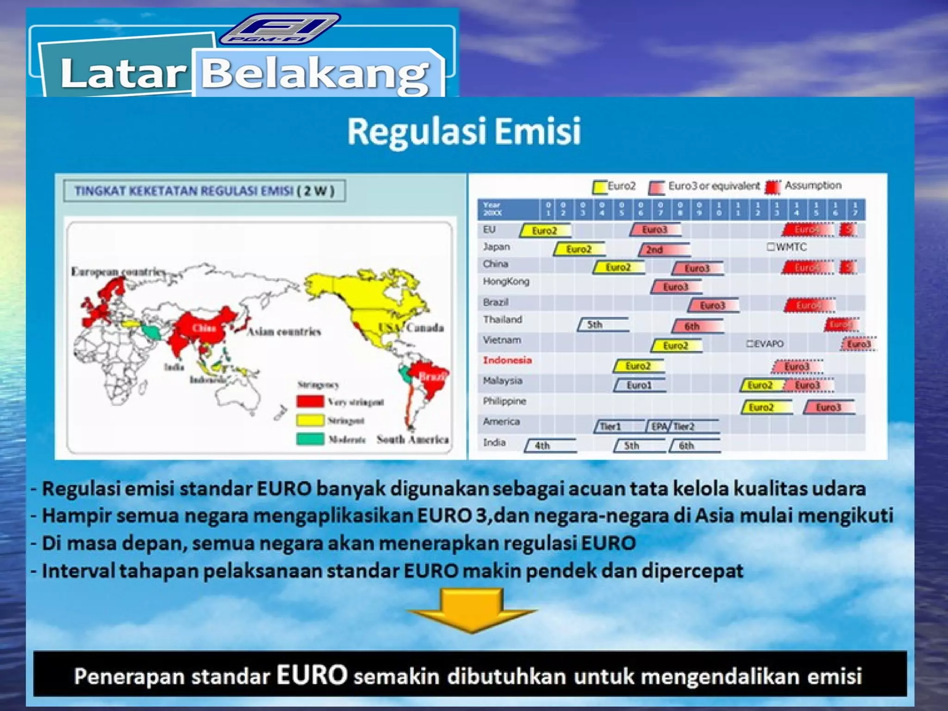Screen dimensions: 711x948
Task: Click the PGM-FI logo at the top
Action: (x=280, y=29)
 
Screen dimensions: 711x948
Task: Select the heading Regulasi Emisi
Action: (x=464, y=131)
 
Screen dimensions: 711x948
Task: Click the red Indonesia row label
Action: (x=507, y=360)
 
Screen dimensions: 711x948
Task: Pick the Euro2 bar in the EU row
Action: (x=545, y=230)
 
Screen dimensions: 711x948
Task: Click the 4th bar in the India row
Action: (x=550, y=446)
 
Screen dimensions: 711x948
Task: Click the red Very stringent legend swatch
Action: (x=310, y=401)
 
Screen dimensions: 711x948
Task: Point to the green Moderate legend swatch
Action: (x=310, y=439)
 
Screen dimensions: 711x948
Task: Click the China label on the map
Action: (x=204, y=328)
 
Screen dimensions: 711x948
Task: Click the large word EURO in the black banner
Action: (x=312, y=675)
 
